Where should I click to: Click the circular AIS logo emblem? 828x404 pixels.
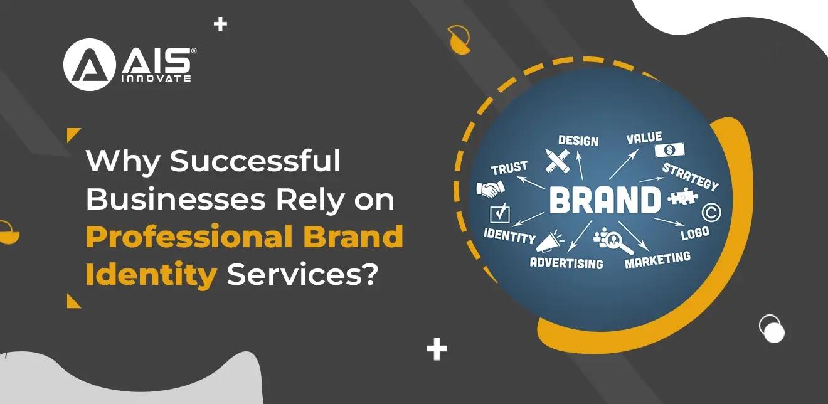click(x=89, y=64)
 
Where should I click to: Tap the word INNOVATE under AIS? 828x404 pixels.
click(x=156, y=78)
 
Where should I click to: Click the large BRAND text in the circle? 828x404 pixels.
click(x=605, y=200)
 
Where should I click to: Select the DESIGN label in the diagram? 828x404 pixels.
click(x=578, y=140)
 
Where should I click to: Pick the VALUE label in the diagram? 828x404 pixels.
click(x=644, y=137)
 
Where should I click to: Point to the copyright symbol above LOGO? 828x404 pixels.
click(x=711, y=213)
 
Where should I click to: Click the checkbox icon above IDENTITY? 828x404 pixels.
click(x=501, y=213)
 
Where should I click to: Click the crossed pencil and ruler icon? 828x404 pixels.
click(x=557, y=160)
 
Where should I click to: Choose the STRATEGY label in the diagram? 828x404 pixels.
click(x=690, y=176)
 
